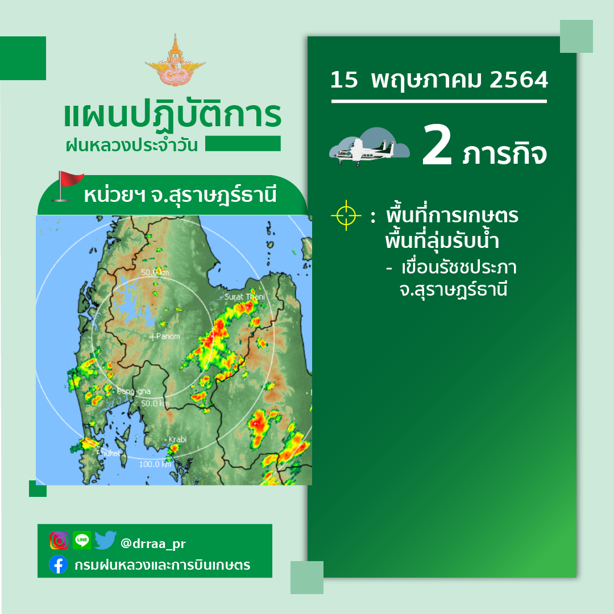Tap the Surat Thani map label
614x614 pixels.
click(244, 296)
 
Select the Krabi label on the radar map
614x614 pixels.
click(177, 439)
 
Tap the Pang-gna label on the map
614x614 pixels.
click(134, 391)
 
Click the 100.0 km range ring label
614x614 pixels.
click(155, 464)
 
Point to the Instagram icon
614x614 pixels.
click(59, 541)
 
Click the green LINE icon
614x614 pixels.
click(82, 540)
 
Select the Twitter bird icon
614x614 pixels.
click(105, 540)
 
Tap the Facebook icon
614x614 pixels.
click(59, 565)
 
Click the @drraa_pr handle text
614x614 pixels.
click(153, 544)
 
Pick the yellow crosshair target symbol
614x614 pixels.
click(346, 215)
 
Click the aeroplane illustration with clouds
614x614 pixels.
click(370, 147)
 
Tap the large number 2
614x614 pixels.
click(437, 145)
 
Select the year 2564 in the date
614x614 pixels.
click(519, 80)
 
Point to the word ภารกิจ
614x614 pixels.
click(504, 153)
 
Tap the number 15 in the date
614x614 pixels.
click(344, 80)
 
